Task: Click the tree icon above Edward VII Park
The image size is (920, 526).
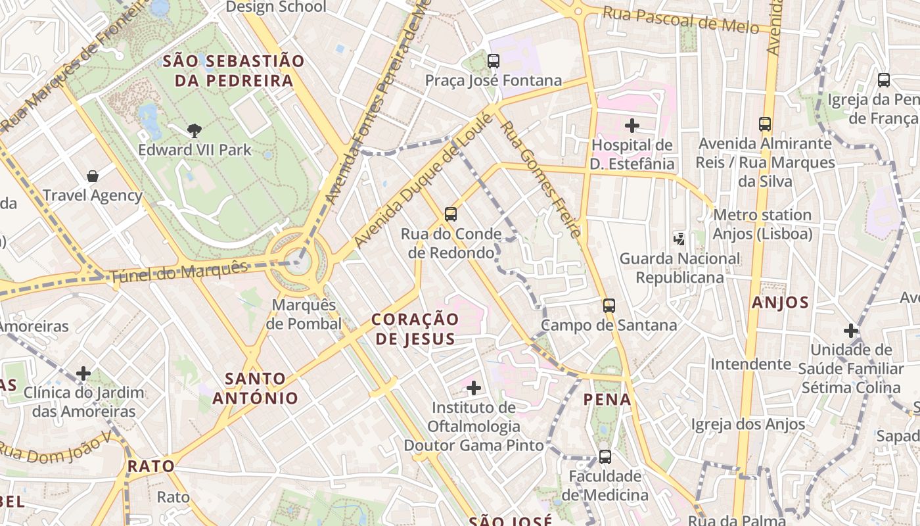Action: pos(194,130)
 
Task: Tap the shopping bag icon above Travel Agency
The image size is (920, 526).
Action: pos(93,176)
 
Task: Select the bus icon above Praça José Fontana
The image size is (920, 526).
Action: pos(494,61)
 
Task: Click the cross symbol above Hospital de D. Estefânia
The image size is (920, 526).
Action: pos(632,125)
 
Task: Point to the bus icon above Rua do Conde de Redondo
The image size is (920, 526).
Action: pos(451,214)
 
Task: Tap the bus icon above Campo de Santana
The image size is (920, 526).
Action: pos(609,305)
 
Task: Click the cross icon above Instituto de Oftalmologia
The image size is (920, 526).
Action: pos(473,388)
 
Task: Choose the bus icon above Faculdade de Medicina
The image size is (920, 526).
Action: pos(605,456)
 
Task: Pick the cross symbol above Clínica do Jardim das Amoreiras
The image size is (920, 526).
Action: pos(83,373)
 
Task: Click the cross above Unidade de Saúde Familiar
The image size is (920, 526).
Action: pos(851,330)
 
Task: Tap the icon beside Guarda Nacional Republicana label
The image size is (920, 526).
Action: pos(679,239)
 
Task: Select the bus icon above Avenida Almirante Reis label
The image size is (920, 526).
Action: pos(765,124)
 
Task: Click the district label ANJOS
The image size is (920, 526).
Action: pos(780,302)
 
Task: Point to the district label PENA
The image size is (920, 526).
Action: pos(607,399)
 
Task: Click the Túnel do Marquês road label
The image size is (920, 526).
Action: pos(179,272)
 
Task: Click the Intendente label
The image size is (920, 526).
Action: pos(750,364)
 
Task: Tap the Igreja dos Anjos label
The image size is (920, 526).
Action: pos(748,424)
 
